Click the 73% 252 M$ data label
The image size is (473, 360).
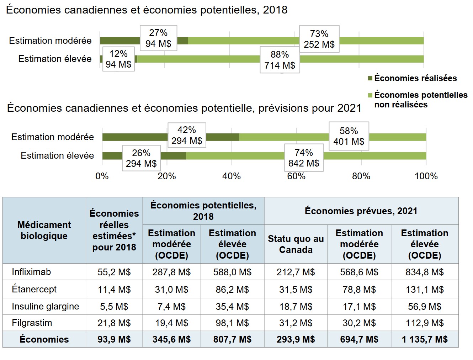click(319, 39)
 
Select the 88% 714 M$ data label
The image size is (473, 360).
click(280, 60)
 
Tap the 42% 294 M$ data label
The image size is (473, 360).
click(187, 136)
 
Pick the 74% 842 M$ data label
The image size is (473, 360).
click(304, 158)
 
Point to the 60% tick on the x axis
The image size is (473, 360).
click(296, 176)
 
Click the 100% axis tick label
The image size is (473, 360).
click(426, 176)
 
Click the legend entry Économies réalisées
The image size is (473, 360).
click(415, 78)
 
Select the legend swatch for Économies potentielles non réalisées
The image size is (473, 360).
click(370, 95)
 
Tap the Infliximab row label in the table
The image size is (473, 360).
click(31, 272)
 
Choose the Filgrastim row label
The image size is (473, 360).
click(32, 323)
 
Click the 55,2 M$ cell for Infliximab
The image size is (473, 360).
click(114, 272)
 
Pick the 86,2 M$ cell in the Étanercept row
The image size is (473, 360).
click(232, 290)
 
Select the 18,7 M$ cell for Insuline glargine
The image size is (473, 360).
click(296, 306)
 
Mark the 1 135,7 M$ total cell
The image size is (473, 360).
click(425, 339)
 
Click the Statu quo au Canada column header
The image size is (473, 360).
click(296, 244)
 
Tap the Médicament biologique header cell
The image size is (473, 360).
click(44, 230)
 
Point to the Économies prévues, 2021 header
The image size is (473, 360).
click(361, 211)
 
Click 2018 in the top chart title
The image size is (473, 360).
click(275, 10)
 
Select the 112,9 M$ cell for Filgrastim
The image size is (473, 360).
click(425, 323)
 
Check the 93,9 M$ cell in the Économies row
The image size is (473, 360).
click(114, 339)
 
